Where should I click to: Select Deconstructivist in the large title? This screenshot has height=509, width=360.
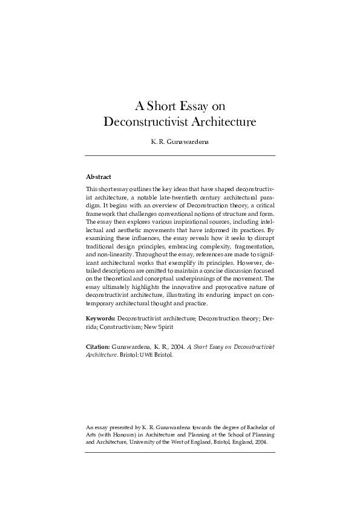point(146,122)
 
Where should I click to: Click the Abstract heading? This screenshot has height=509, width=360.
point(99,177)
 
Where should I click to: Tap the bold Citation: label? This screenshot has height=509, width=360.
point(98,347)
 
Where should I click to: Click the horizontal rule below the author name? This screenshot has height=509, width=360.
point(180,156)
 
